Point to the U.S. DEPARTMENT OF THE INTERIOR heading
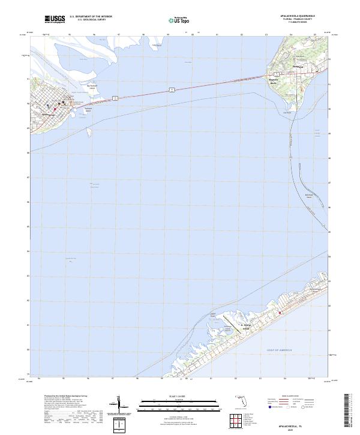coord(91,17)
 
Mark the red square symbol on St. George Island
coord(279,312)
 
